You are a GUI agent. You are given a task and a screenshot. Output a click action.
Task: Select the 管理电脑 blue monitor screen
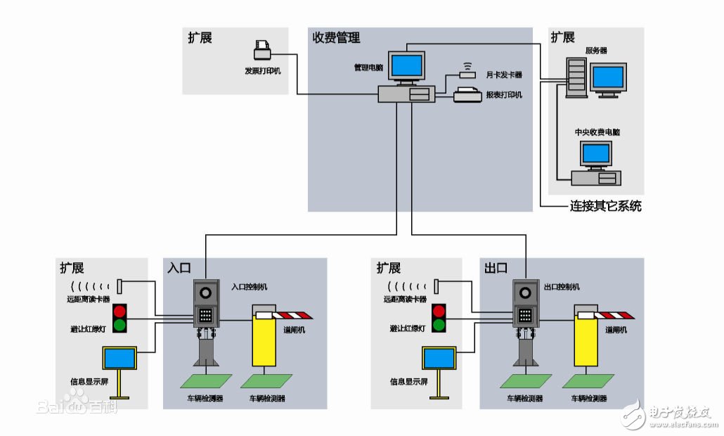(x=408, y=65)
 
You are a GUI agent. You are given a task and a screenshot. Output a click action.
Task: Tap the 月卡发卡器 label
(x=504, y=73)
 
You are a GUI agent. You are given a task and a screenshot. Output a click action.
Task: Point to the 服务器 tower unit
(x=577, y=77)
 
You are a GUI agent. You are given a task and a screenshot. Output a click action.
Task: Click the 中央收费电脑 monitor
(x=596, y=153)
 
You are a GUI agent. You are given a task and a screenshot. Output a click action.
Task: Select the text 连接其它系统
(x=605, y=207)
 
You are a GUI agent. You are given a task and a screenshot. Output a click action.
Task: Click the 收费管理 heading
(x=336, y=37)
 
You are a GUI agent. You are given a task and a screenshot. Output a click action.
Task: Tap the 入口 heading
(x=179, y=268)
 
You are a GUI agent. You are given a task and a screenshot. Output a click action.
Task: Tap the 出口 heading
(x=496, y=268)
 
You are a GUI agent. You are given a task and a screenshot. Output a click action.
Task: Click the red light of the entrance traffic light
(x=119, y=311)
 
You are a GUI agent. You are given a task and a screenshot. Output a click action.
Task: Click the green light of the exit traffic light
(x=439, y=324)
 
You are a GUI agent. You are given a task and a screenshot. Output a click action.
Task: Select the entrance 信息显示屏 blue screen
(x=119, y=359)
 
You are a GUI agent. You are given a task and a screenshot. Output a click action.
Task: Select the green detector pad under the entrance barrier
(x=266, y=381)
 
